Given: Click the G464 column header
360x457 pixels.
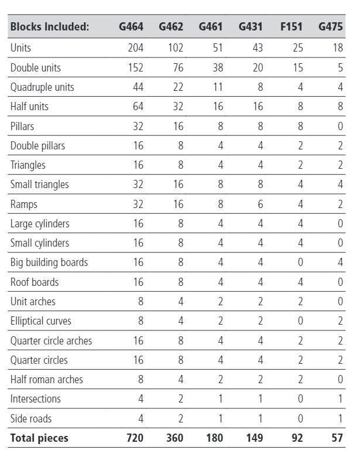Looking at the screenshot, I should click(131, 27).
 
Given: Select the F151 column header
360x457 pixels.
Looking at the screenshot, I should click(291, 27).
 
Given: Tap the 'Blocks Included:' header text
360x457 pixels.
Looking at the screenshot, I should click(50, 27).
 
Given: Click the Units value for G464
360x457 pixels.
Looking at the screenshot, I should click(135, 48).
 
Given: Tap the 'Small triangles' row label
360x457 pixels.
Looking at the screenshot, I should click(39, 185).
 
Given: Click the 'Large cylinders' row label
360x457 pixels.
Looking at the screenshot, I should click(40, 223).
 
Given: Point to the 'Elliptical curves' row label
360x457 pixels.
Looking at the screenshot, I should click(41, 321).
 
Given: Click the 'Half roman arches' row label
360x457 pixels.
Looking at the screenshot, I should click(47, 379).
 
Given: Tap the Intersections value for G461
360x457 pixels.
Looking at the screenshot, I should click(220, 399).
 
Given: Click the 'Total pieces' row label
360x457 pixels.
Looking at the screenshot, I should click(39, 438).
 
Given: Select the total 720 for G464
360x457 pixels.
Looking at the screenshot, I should click(134, 438).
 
